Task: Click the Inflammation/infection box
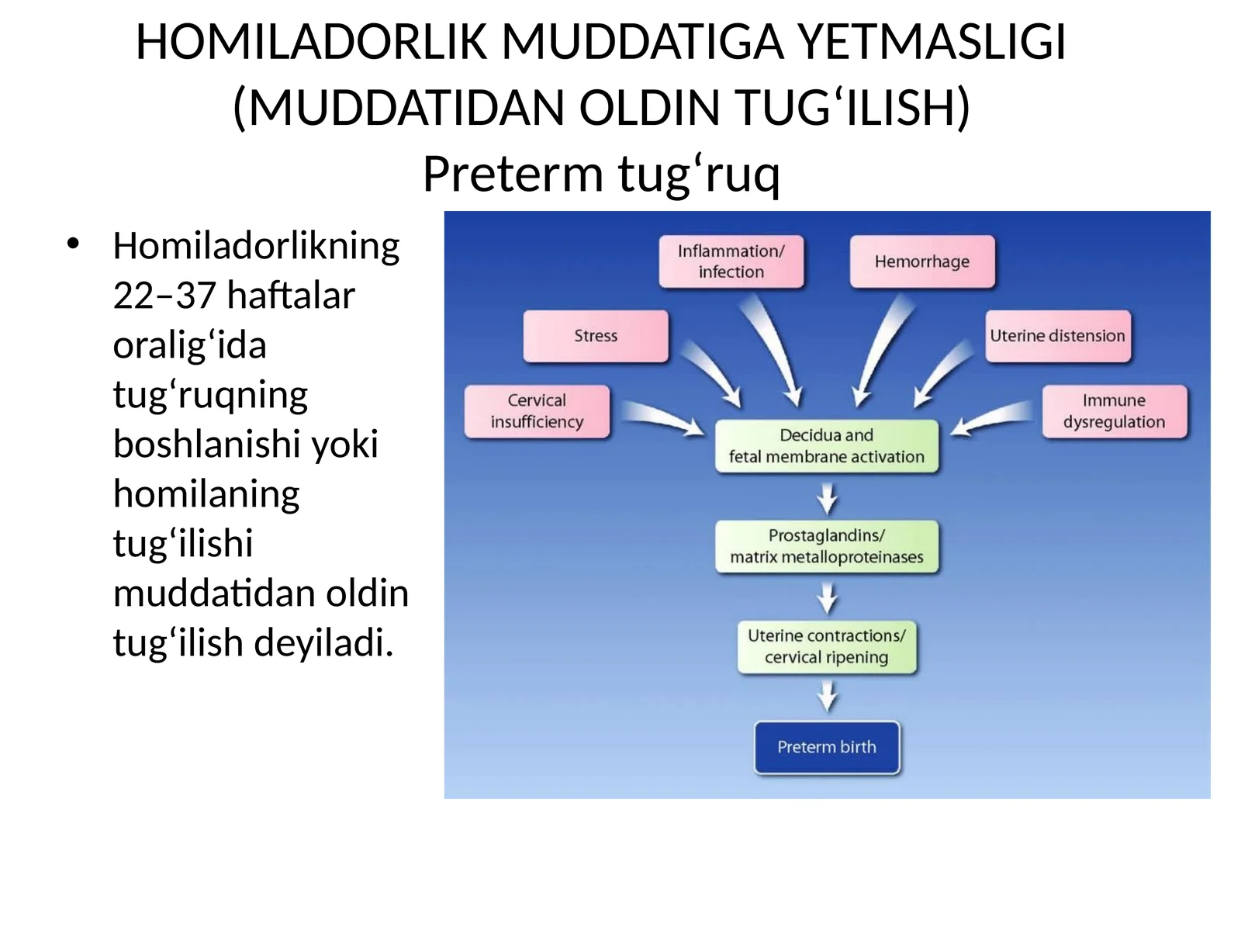click(x=731, y=261)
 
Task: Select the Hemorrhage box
click(x=921, y=261)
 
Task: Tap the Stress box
click(x=596, y=336)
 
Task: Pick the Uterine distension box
click(x=1057, y=336)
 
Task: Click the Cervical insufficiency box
click(x=537, y=411)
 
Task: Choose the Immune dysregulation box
click(x=1114, y=411)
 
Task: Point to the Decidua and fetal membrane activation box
click(x=826, y=446)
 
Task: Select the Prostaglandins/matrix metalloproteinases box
click(x=826, y=546)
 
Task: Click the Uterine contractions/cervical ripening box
click(x=826, y=646)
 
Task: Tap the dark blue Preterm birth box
click(x=826, y=747)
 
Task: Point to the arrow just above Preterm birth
click(x=828, y=696)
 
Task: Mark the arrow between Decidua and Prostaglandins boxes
click(x=828, y=497)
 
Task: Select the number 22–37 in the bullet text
click(x=164, y=296)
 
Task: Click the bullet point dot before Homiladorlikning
click(x=74, y=244)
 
